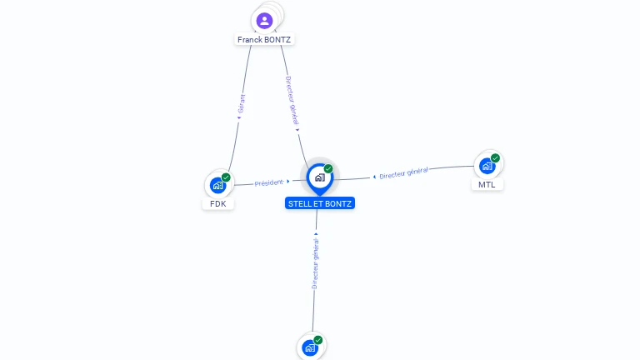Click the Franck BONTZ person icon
pyautogui.click(x=264, y=20)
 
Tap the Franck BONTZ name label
pyautogui.click(x=265, y=39)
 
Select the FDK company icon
pyautogui.click(x=217, y=185)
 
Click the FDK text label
pyautogui.click(x=218, y=203)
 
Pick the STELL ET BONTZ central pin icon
pyautogui.click(x=319, y=177)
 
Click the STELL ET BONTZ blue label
pyautogui.click(x=320, y=203)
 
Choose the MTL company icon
pyautogui.click(x=487, y=166)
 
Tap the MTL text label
pyautogui.click(x=487, y=184)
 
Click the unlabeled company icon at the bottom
pyautogui.click(x=310, y=347)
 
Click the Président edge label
pyautogui.click(x=269, y=182)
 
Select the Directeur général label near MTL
pyautogui.click(x=404, y=173)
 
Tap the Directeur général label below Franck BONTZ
pyautogui.click(x=292, y=102)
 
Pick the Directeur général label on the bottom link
pyautogui.click(x=316, y=262)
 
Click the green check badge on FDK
pyautogui.click(x=226, y=177)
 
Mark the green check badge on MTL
pyautogui.click(x=495, y=158)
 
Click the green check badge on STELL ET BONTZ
pyautogui.click(x=328, y=169)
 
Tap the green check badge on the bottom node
pyautogui.click(x=318, y=340)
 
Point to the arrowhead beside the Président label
pyautogui.click(x=288, y=181)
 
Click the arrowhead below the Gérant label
pyautogui.click(x=239, y=117)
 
